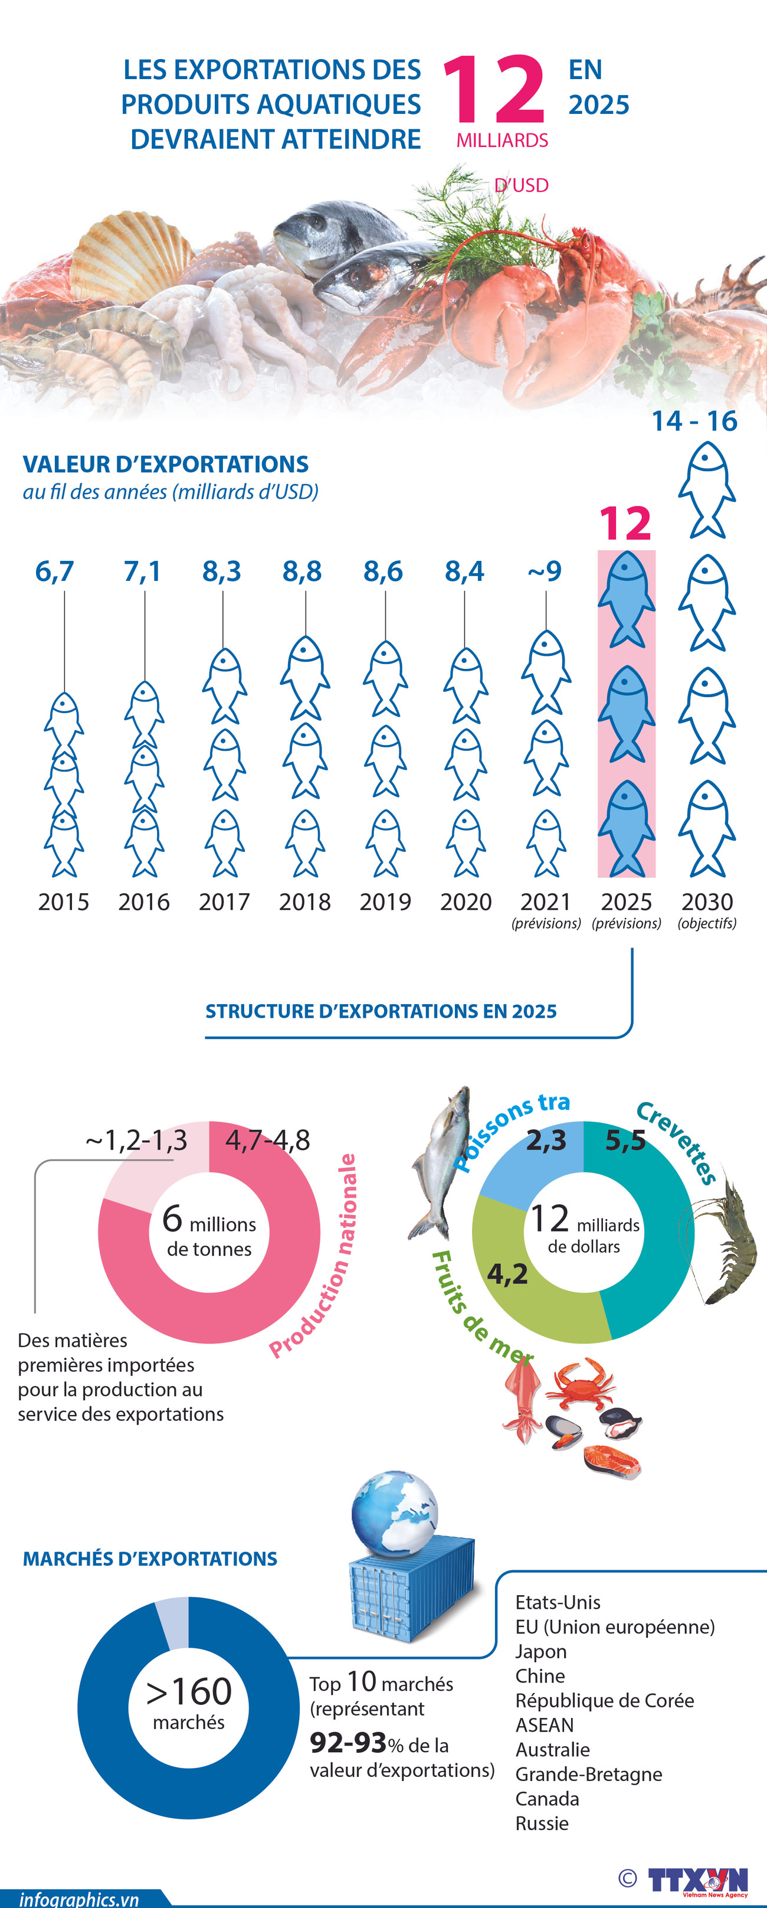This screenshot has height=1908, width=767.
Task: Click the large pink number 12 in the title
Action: pos(494,90)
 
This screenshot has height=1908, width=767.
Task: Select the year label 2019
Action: pos(385,901)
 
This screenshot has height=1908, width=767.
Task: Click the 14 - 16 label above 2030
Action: pos(694,421)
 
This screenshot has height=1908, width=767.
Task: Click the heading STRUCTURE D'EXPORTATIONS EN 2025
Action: pos(381,1011)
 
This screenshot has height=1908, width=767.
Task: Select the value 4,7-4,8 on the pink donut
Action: pos(267,1140)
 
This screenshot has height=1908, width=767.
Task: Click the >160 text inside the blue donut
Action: pos(189,1693)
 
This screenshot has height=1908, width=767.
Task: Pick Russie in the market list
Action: pos(542,1823)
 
